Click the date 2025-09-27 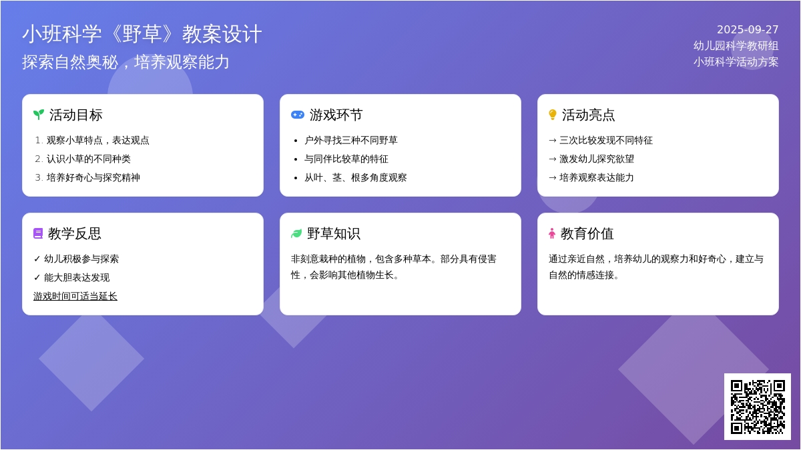(748, 29)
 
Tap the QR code (758, 407)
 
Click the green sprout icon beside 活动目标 (39, 115)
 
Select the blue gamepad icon (298, 115)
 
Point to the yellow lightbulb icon (553, 115)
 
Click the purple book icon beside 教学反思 (38, 233)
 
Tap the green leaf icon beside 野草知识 (296, 233)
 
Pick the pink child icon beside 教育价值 (552, 233)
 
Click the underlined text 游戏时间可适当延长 (75, 296)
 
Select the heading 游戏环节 (336, 115)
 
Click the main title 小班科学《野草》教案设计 (142, 34)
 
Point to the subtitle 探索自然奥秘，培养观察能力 (125, 62)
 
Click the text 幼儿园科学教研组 (736, 46)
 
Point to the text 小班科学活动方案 (736, 62)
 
